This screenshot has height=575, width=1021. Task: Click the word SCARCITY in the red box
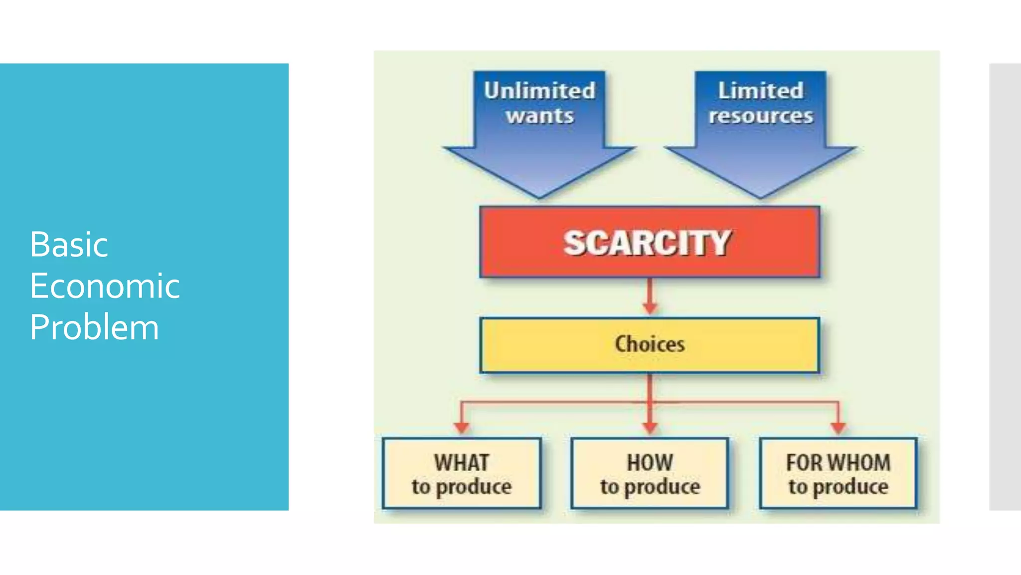[x=647, y=243]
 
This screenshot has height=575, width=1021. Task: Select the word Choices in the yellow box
[x=650, y=344]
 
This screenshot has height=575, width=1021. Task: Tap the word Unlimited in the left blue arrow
[x=539, y=90]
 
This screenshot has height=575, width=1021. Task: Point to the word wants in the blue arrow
[x=540, y=116]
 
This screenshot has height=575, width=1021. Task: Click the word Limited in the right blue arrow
[x=761, y=90]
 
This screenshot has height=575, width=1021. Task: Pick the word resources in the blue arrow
[x=761, y=116]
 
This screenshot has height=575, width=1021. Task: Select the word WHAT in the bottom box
[x=462, y=462]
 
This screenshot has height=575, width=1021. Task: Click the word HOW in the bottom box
[x=650, y=462]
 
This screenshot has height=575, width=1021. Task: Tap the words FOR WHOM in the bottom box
[x=838, y=462]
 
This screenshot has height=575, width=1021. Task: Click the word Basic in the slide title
[x=69, y=245]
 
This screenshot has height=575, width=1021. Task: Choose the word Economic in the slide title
[x=105, y=286]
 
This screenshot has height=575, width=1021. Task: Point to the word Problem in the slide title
[x=94, y=327]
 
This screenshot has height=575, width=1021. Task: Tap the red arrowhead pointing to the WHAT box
[x=462, y=427]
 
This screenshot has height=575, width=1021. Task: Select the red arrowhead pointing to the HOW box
[x=650, y=427]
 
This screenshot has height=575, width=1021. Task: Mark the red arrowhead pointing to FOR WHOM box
[x=838, y=427]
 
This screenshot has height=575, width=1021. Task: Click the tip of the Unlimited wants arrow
[x=539, y=196]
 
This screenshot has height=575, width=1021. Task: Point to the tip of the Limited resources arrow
[x=760, y=196]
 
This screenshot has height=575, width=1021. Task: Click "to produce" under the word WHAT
[x=462, y=487]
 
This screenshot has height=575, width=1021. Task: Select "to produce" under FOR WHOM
[x=838, y=487]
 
